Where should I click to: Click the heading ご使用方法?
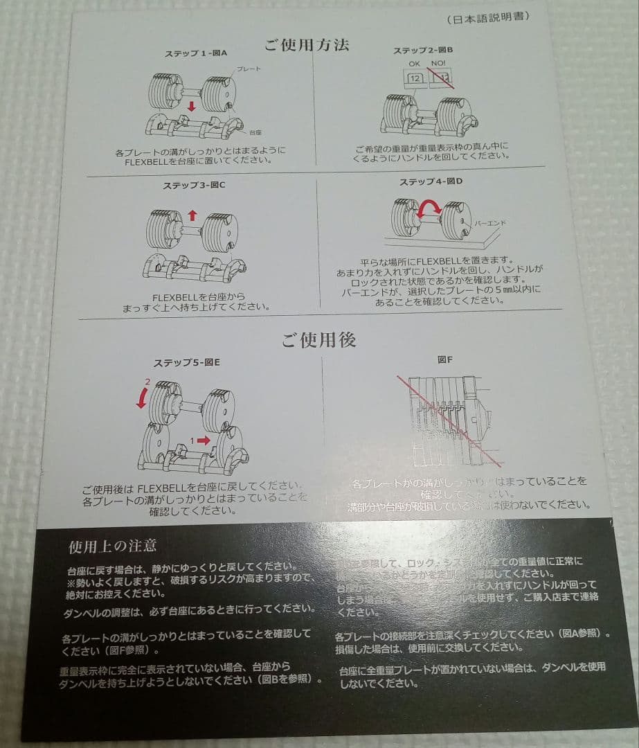307,46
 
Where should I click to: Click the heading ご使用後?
318,340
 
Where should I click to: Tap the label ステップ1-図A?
196,54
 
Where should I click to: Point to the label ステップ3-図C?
195,186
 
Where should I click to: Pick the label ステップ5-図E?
187,362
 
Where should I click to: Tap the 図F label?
445,360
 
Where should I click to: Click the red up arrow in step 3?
192,215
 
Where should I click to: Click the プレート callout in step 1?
249,70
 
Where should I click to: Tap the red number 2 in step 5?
147,382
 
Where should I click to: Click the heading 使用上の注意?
113,546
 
